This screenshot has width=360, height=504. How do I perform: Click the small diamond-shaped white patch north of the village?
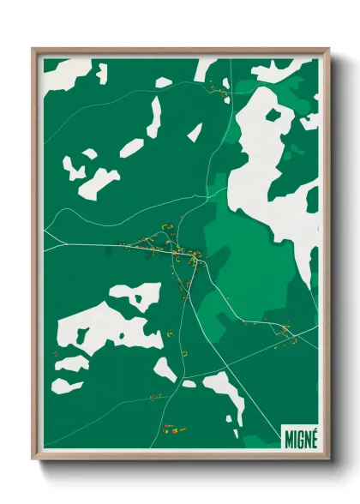(x=195, y=132)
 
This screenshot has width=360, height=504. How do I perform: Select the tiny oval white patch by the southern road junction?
(x=189, y=383)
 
